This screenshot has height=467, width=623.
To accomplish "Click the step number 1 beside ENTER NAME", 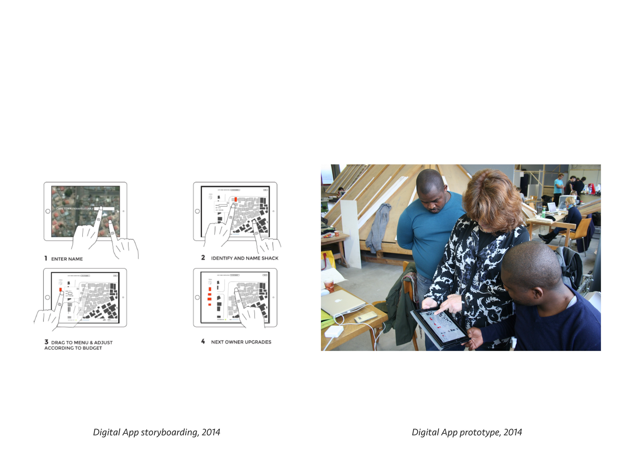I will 46,258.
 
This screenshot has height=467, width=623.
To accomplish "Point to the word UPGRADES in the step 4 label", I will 258,342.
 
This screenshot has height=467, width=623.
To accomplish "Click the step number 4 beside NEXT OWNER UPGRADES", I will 203,341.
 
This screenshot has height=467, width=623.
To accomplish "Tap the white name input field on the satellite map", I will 104,209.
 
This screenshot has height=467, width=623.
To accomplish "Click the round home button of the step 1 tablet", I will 48,211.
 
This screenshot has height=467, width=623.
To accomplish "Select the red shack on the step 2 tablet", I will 235,199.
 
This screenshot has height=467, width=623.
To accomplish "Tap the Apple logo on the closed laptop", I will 338,300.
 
